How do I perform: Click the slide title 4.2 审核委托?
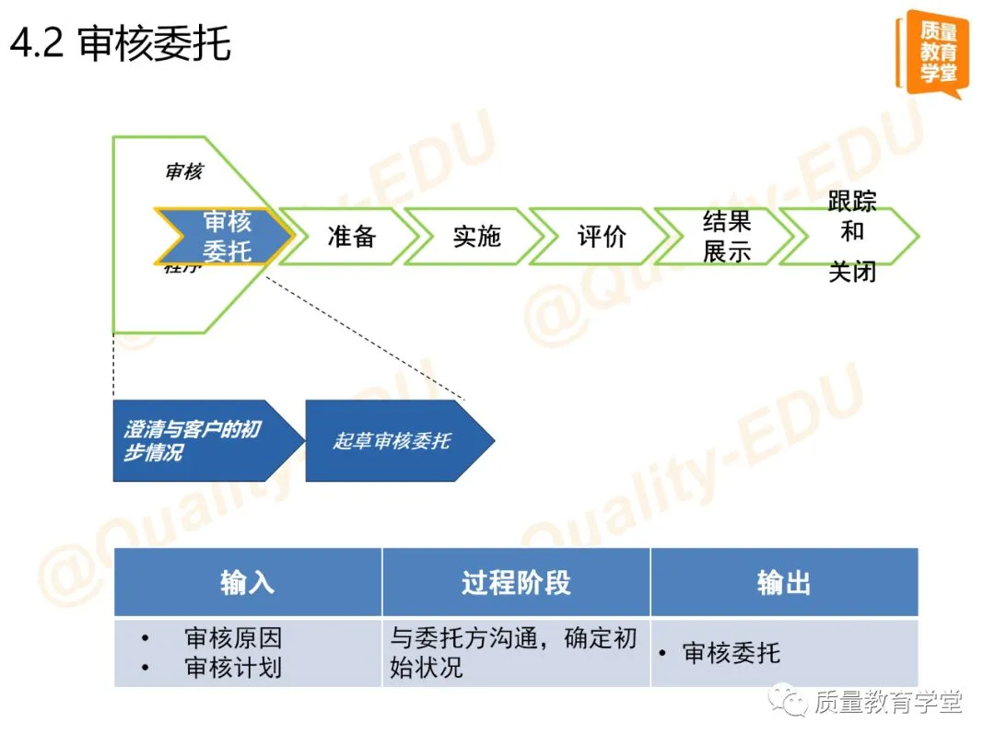[121, 43]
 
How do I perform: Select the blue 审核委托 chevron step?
[226, 236]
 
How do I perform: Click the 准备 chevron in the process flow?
[351, 237]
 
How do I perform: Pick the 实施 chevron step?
[476, 237]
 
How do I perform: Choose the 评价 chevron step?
[602, 237]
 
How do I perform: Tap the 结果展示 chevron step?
[726, 237]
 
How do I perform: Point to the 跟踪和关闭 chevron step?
[851, 237]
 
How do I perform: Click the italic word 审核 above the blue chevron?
[183, 172]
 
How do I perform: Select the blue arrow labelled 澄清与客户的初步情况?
[203, 441]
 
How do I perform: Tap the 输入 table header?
[247, 582]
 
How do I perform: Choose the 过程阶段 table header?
[516, 582]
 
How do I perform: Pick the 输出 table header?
[784, 582]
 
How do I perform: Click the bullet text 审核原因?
[233, 638]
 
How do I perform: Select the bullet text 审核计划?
[233, 668]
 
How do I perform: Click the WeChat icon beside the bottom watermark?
[790, 702]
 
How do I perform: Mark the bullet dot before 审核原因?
[145, 638]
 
